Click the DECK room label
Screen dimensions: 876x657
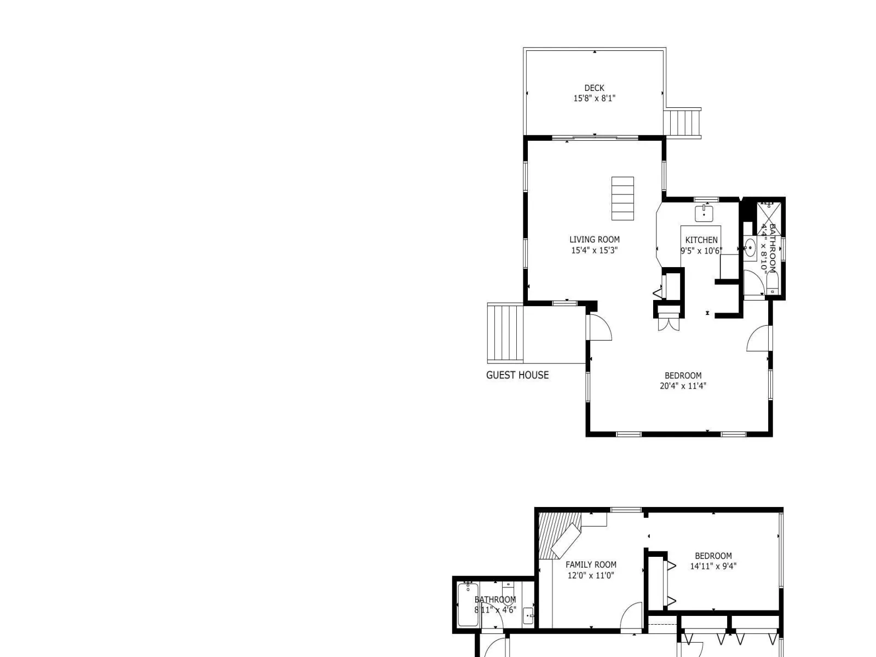click(x=594, y=88)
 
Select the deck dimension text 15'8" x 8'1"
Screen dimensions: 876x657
click(x=594, y=98)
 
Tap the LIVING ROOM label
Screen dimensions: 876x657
click(x=594, y=239)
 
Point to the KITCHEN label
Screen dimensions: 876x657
click(x=701, y=240)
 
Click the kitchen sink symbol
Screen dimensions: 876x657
click(x=704, y=213)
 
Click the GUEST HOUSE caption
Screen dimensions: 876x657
click(x=517, y=375)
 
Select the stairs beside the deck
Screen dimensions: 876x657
click(x=682, y=123)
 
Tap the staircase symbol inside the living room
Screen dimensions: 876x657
click(x=623, y=198)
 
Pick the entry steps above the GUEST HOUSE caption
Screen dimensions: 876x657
click(x=505, y=333)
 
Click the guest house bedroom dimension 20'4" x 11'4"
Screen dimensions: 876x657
click(x=683, y=386)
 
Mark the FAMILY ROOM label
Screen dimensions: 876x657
click(x=591, y=564)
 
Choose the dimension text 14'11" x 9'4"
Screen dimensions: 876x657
click(x=713, y=566)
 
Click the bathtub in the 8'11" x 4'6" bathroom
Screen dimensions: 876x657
click(x=468, y=604)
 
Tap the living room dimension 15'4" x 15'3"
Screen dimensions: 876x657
click(x=594, y=250)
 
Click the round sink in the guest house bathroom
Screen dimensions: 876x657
click(x=750, y=248)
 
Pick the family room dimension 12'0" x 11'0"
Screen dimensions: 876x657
click(x=591, y=575)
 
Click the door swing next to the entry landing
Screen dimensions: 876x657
click(x=600, y=327)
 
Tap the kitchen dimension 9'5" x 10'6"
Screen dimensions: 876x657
click(x=701, y=251)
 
